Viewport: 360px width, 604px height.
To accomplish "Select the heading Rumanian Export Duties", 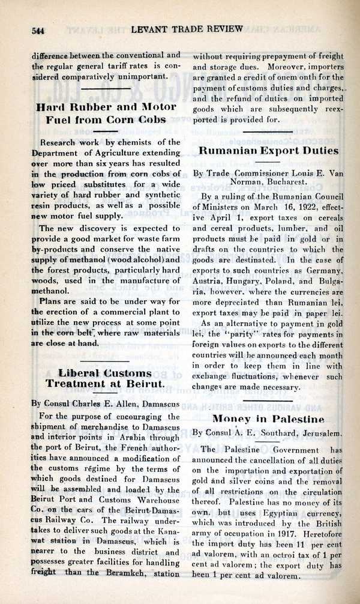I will pos(267,151).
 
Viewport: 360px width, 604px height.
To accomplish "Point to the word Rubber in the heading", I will pos(91,107).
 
